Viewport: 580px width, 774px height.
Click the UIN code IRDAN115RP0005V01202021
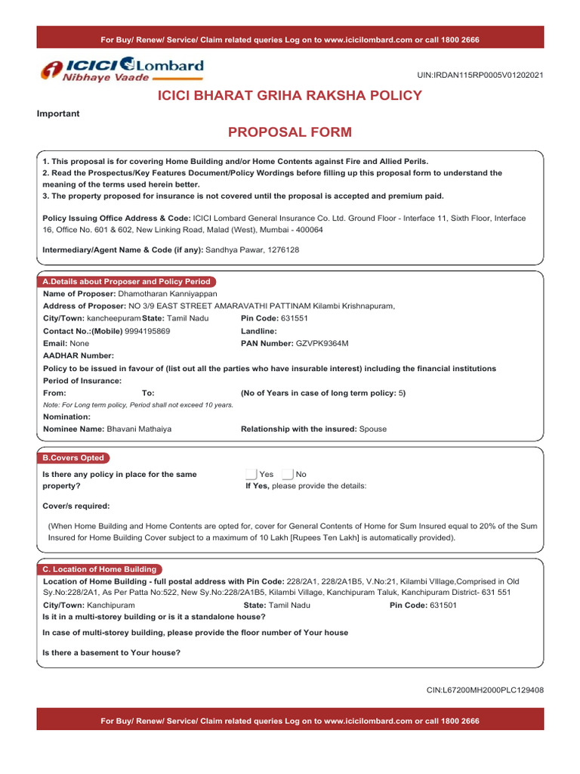click(x=480, y=76)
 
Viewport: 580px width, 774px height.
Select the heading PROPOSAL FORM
click(x=290, y=133)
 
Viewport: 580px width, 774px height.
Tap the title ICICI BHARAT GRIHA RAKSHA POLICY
click(x=289, y=96)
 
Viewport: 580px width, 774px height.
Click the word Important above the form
click(x=58, y=113)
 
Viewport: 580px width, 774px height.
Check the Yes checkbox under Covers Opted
click(x=251, y=474)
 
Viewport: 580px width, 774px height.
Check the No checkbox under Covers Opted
click(x=287, y=474)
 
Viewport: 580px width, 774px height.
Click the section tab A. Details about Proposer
click(x=126, y=281)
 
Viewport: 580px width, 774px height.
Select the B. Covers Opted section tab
click(x=72, y=458)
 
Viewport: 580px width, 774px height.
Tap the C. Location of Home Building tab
click(x=100, y=569)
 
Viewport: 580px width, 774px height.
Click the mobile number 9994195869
click(x=147, y=331)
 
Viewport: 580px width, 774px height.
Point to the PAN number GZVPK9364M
click(x=322, y=343)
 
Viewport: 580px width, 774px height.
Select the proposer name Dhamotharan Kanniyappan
click(x=167, y=293)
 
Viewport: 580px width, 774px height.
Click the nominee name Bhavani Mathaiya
click(x=139, y=429)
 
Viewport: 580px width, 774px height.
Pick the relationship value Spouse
click(x=373, y=429)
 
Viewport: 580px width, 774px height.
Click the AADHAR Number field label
click(x=79, y=355)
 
